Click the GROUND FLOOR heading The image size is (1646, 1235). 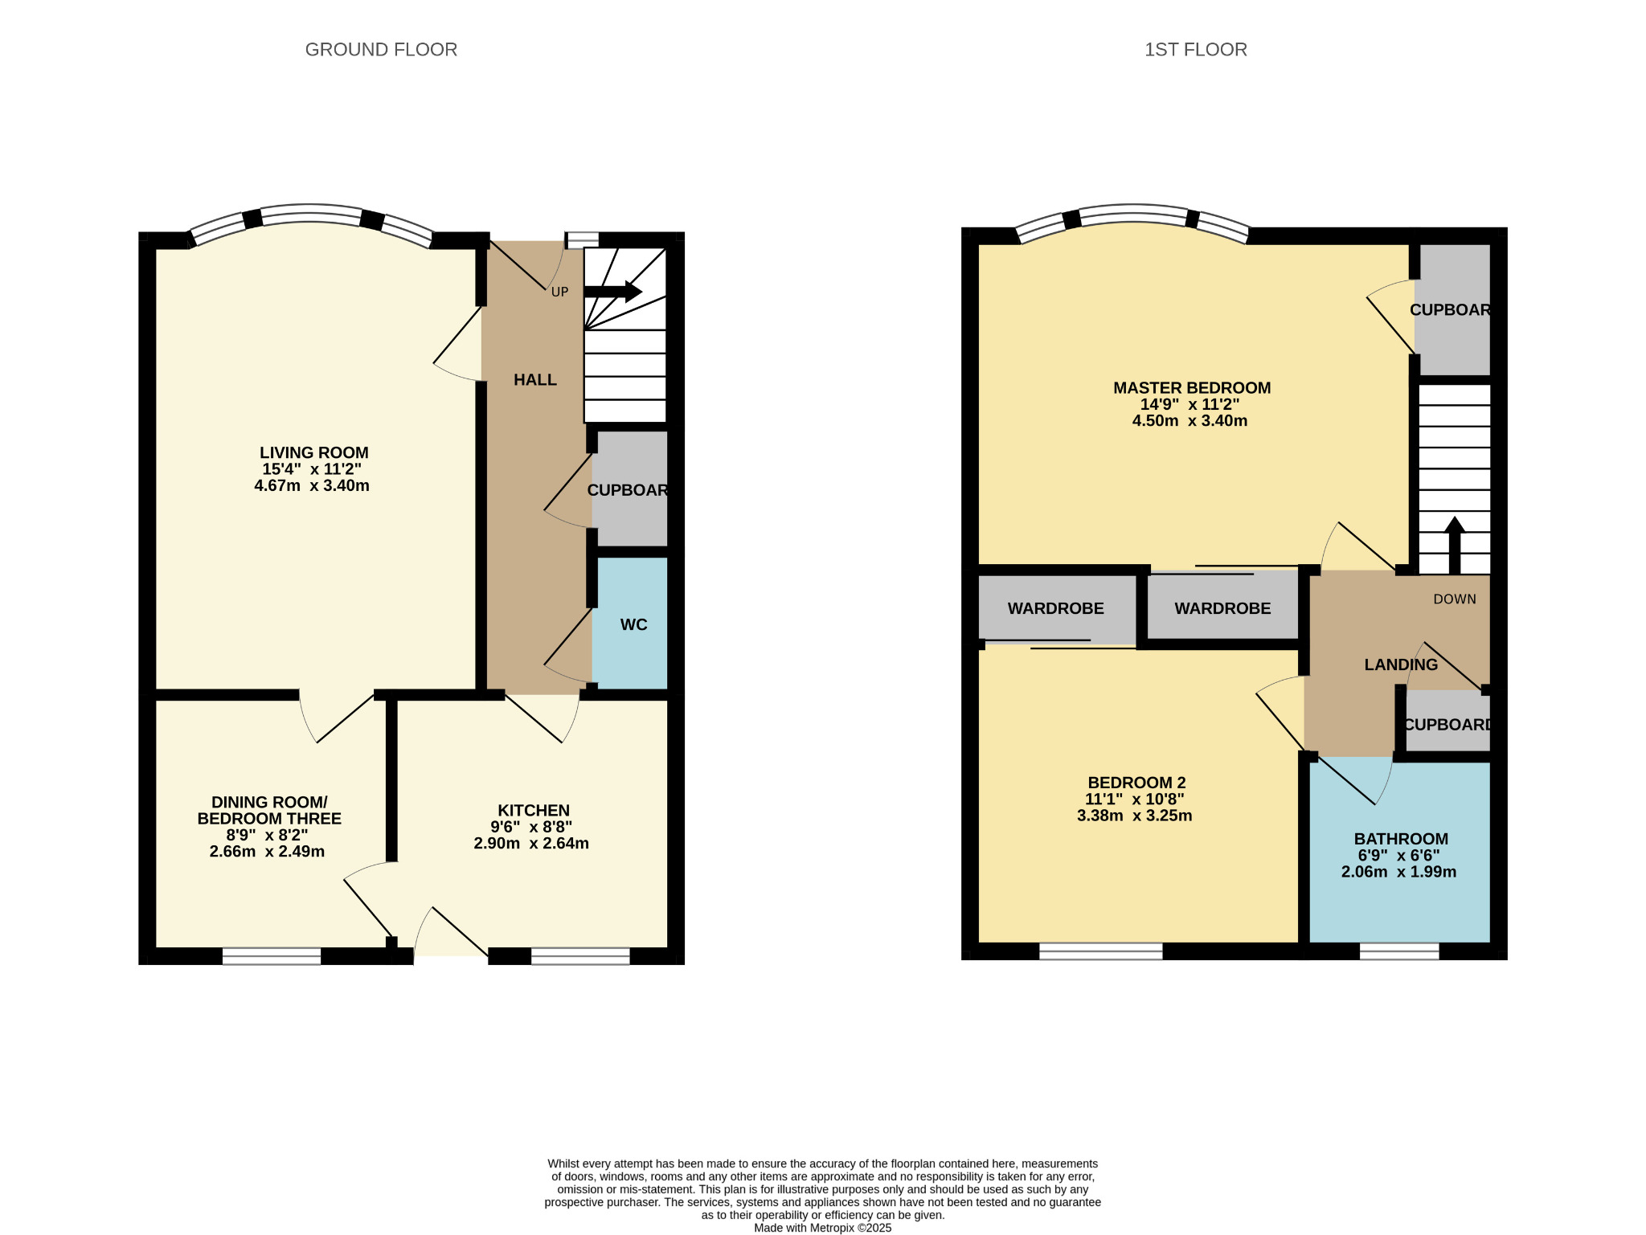point(381,50)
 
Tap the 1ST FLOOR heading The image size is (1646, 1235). point(1196,50)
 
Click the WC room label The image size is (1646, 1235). point(633,624)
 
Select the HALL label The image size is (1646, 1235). point(535,380)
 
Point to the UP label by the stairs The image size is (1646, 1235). point(559,292)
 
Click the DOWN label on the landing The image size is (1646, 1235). point(1455,599)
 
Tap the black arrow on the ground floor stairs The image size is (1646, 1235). point(613,292)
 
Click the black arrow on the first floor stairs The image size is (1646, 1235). point(1455,545)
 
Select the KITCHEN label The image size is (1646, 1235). point(534,811)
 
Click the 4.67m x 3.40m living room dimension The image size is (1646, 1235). point(312,485)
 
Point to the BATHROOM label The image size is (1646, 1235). point(1401,839)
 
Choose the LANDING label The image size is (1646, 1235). point(1401,665)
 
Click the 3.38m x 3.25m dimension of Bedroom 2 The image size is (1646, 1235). point(1134,816)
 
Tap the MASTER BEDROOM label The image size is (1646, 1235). point(1192,388)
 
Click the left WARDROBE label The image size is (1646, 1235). point(1055,609)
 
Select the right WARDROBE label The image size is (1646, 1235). point(1222,609)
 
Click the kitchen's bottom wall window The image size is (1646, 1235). point(580,956)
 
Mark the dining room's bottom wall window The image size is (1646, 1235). point(272,956)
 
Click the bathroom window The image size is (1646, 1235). point(1399,951)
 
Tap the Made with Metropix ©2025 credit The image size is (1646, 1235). point(822,1228)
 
